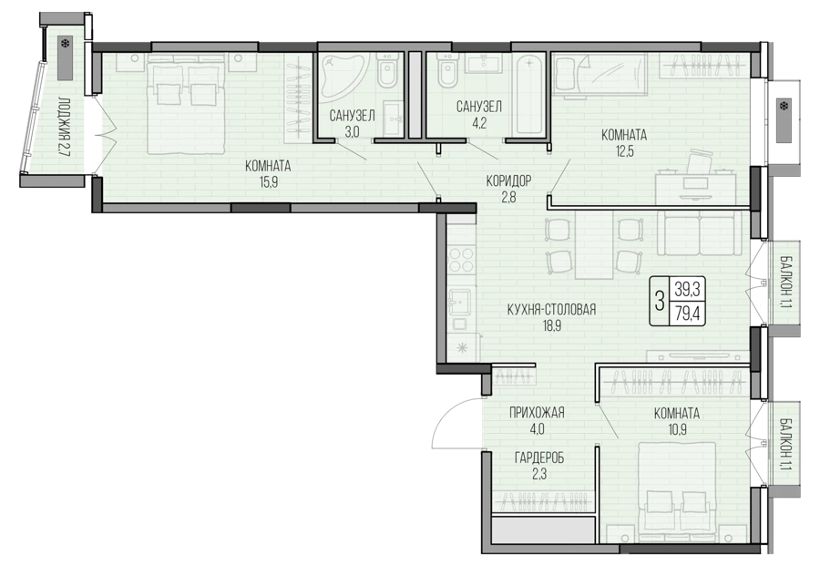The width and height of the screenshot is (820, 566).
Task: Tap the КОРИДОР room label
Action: (508, 181)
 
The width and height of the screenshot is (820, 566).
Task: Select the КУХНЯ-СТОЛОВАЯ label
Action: (552, 310)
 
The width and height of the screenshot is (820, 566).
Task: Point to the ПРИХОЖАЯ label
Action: (537, 413)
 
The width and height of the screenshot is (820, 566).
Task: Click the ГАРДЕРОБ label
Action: (539, 458)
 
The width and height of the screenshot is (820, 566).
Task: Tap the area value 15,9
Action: (268, 183)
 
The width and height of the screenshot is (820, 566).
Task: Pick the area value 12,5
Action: (624, 151)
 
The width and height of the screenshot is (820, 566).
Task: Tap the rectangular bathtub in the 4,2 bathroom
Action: (529, 95)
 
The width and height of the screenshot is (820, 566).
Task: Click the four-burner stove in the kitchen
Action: (461, 260)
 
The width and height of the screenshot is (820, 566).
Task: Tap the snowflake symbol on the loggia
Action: (66, 44)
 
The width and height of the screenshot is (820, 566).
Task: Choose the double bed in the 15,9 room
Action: (186, 106)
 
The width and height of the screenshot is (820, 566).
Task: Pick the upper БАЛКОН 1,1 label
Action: (785, 283)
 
